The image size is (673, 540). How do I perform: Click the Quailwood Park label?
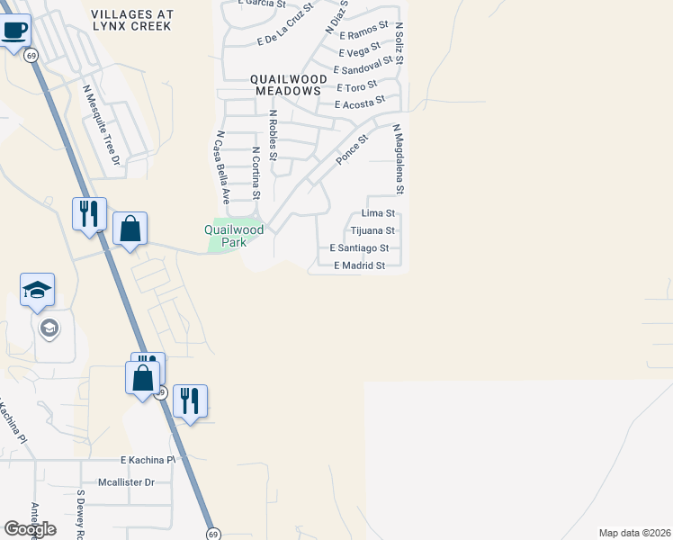(x=234, y=236)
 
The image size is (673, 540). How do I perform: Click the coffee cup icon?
(x=14, y=31)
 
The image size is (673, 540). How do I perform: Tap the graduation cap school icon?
(x=37, y=292)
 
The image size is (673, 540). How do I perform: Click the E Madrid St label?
(x=359, y=265)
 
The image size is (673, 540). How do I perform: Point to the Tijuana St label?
(x=372, y=231)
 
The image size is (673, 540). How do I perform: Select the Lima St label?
(x=378, y=213)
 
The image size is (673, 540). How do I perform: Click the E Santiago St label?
(x=359, y=247)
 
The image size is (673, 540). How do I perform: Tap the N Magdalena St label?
(x=398, y=159)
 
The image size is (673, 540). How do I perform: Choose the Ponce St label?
(x=353, y=149)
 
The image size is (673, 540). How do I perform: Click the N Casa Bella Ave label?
(x=222, y=166)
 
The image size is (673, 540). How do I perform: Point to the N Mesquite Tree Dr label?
(x=101, y=125)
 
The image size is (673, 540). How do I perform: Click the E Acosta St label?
(x=359, y=103)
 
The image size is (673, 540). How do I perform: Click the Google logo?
(x=30, y=528)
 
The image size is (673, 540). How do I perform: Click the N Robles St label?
(x=274, y=135)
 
